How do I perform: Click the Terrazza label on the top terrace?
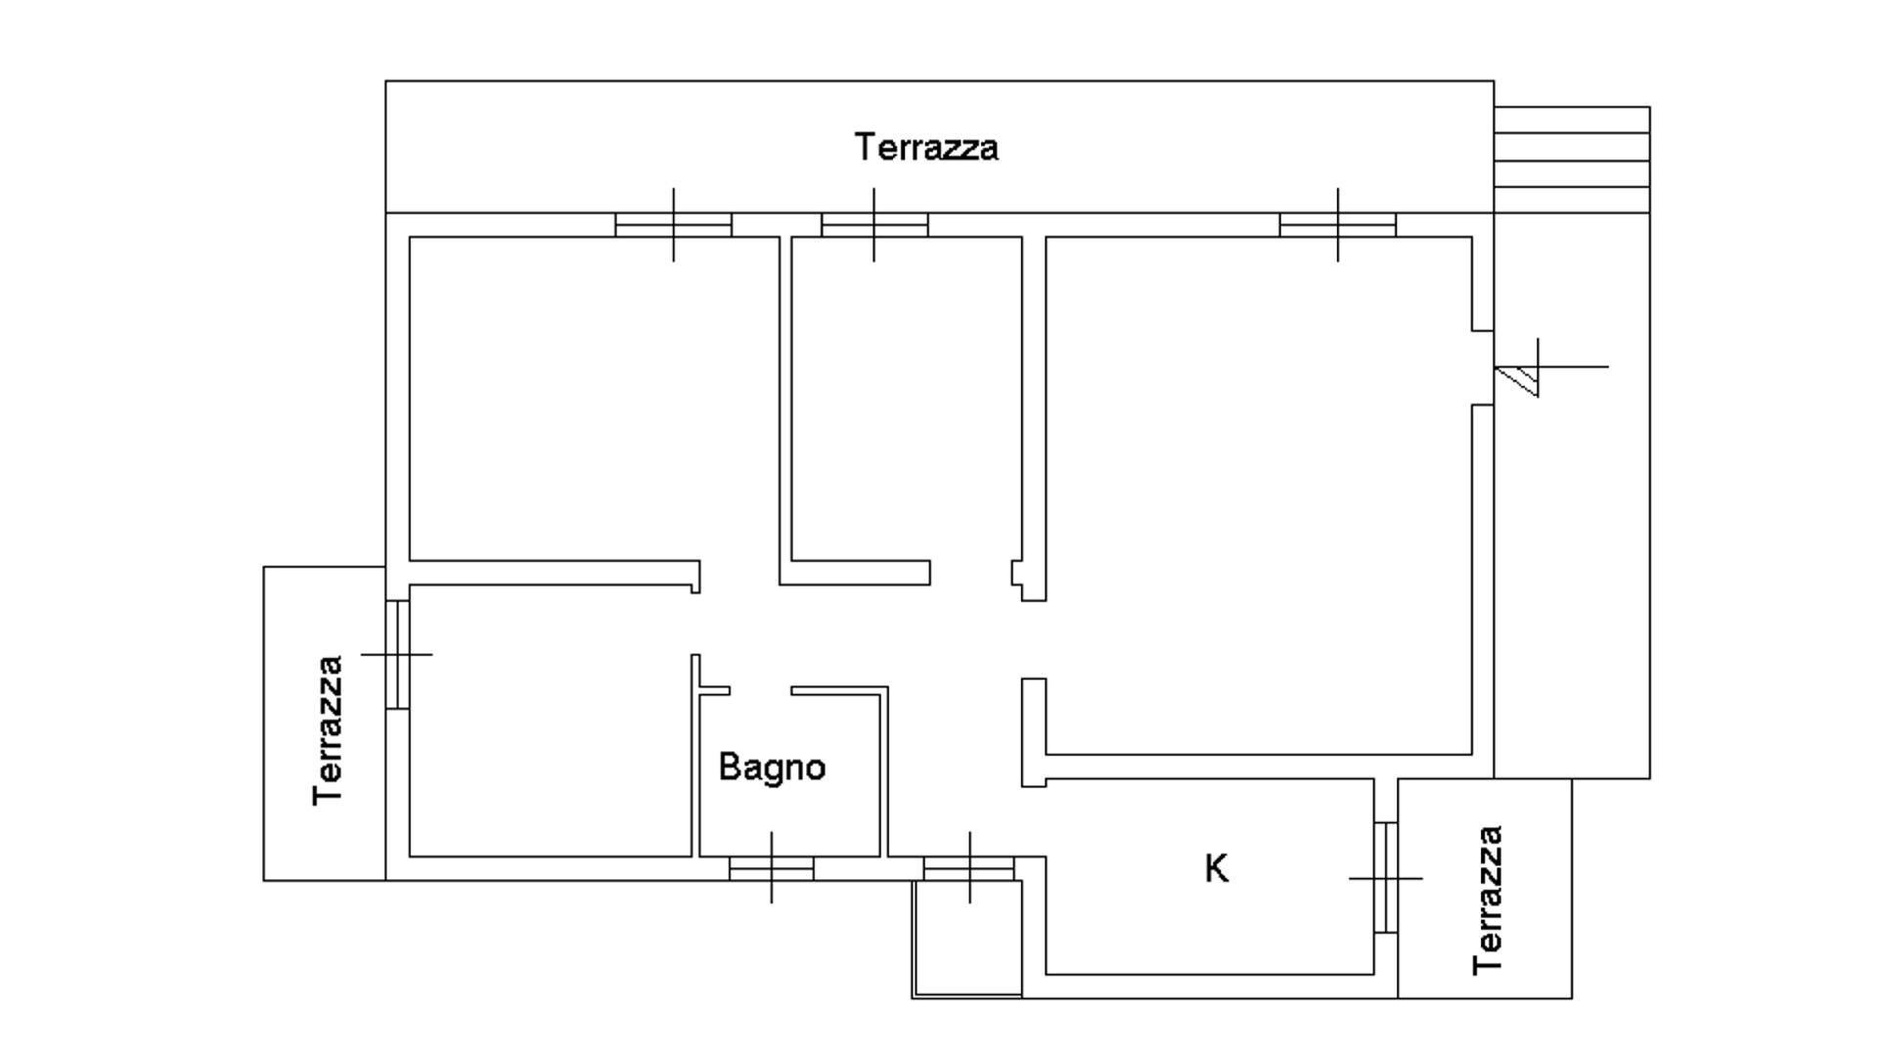(x=926, y=148)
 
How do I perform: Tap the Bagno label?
(x=772, y=767)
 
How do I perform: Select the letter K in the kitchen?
(x=1216, y=868)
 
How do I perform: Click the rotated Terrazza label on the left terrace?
(x=329, y=730)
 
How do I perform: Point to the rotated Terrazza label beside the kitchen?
(x=1487, y=901)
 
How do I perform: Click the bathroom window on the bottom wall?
(x=771, y=867)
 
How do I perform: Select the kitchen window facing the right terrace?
(x=1385, y=878)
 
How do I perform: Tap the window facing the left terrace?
(x=396, y=653)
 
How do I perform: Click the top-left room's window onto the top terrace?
(x=673, y=225)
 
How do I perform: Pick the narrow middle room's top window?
(x=873, y=225)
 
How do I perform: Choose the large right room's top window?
(x=1337, y=225)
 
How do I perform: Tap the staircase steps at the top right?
(x=1572, y=147)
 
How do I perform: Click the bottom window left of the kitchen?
(x=969, y=867)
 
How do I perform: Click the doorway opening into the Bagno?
(x=760, y=690)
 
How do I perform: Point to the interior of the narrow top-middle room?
(x=905, y=401)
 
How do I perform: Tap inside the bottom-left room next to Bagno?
(x=548, y=724)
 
